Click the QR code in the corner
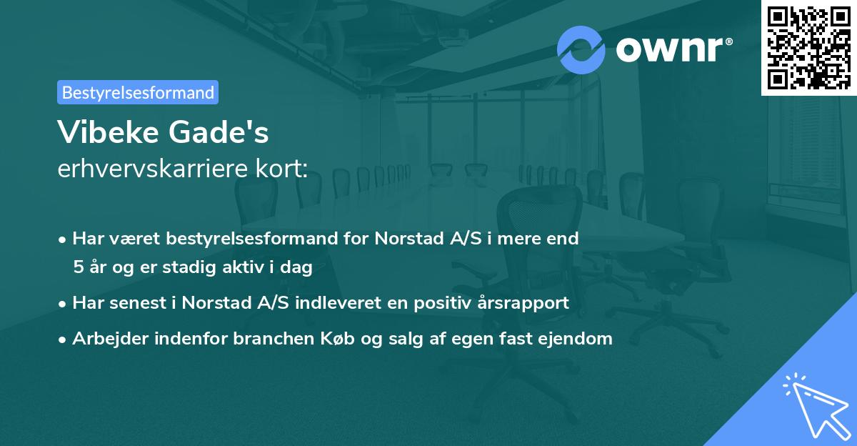click(x=808, y=47)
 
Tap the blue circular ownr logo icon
click(x=581, y=49)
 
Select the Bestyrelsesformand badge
click(x=138, y=92)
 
